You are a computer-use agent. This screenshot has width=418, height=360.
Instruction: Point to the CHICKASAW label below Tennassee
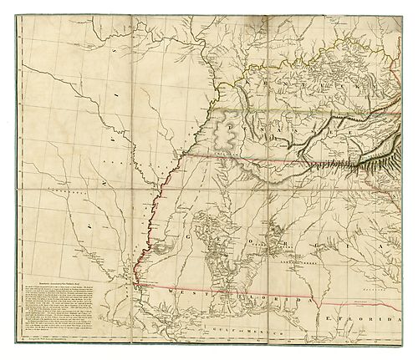click(x=227, y=155)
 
